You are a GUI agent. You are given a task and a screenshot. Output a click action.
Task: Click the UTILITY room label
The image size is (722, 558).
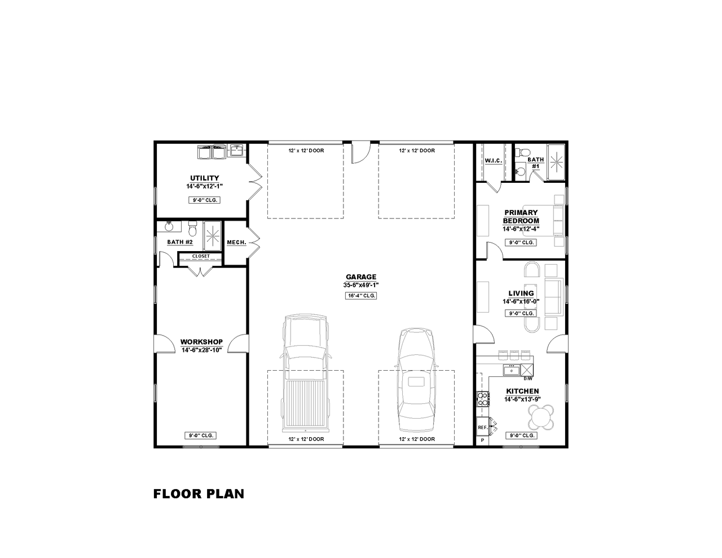coord(204,178)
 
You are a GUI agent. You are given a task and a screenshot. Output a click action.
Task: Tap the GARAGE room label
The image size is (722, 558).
coord(361,277)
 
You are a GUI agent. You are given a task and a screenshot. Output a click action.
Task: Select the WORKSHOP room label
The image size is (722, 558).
coord(201,342)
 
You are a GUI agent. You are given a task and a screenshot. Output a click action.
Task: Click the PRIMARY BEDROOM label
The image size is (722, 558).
coord(521,217)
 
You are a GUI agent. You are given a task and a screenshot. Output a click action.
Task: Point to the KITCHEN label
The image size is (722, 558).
coord(522,391)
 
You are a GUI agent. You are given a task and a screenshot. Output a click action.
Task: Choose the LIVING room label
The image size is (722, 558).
coord(521,293)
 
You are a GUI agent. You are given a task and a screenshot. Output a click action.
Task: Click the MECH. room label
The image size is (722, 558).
coord(236,243)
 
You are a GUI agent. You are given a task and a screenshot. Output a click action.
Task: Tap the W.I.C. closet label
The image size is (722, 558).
coord(493,161)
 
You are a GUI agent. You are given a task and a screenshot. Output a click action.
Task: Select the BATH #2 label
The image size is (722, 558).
coord(180,242)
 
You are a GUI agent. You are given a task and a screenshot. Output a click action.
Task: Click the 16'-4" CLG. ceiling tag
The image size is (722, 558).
coord(361,296)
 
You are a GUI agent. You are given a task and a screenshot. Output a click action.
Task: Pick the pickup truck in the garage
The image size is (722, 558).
coord(305,372)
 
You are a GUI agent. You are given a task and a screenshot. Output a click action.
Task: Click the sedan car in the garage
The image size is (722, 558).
coord(416,378)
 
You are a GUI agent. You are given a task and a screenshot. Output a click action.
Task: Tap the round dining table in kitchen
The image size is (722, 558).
coord(541,418)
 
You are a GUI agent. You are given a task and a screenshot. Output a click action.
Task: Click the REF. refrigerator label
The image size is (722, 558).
coord(482,428)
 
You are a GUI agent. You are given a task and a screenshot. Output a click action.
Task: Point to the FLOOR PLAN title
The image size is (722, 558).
coord(199,494)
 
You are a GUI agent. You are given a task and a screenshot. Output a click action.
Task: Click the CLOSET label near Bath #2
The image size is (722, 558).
coord(201,256)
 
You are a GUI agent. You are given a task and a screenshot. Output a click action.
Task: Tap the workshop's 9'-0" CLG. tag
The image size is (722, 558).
coord(200,436)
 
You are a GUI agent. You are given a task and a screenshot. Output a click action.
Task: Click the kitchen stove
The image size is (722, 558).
coord(483,398)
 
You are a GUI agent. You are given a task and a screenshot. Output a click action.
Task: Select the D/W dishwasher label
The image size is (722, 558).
coord(528,379)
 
